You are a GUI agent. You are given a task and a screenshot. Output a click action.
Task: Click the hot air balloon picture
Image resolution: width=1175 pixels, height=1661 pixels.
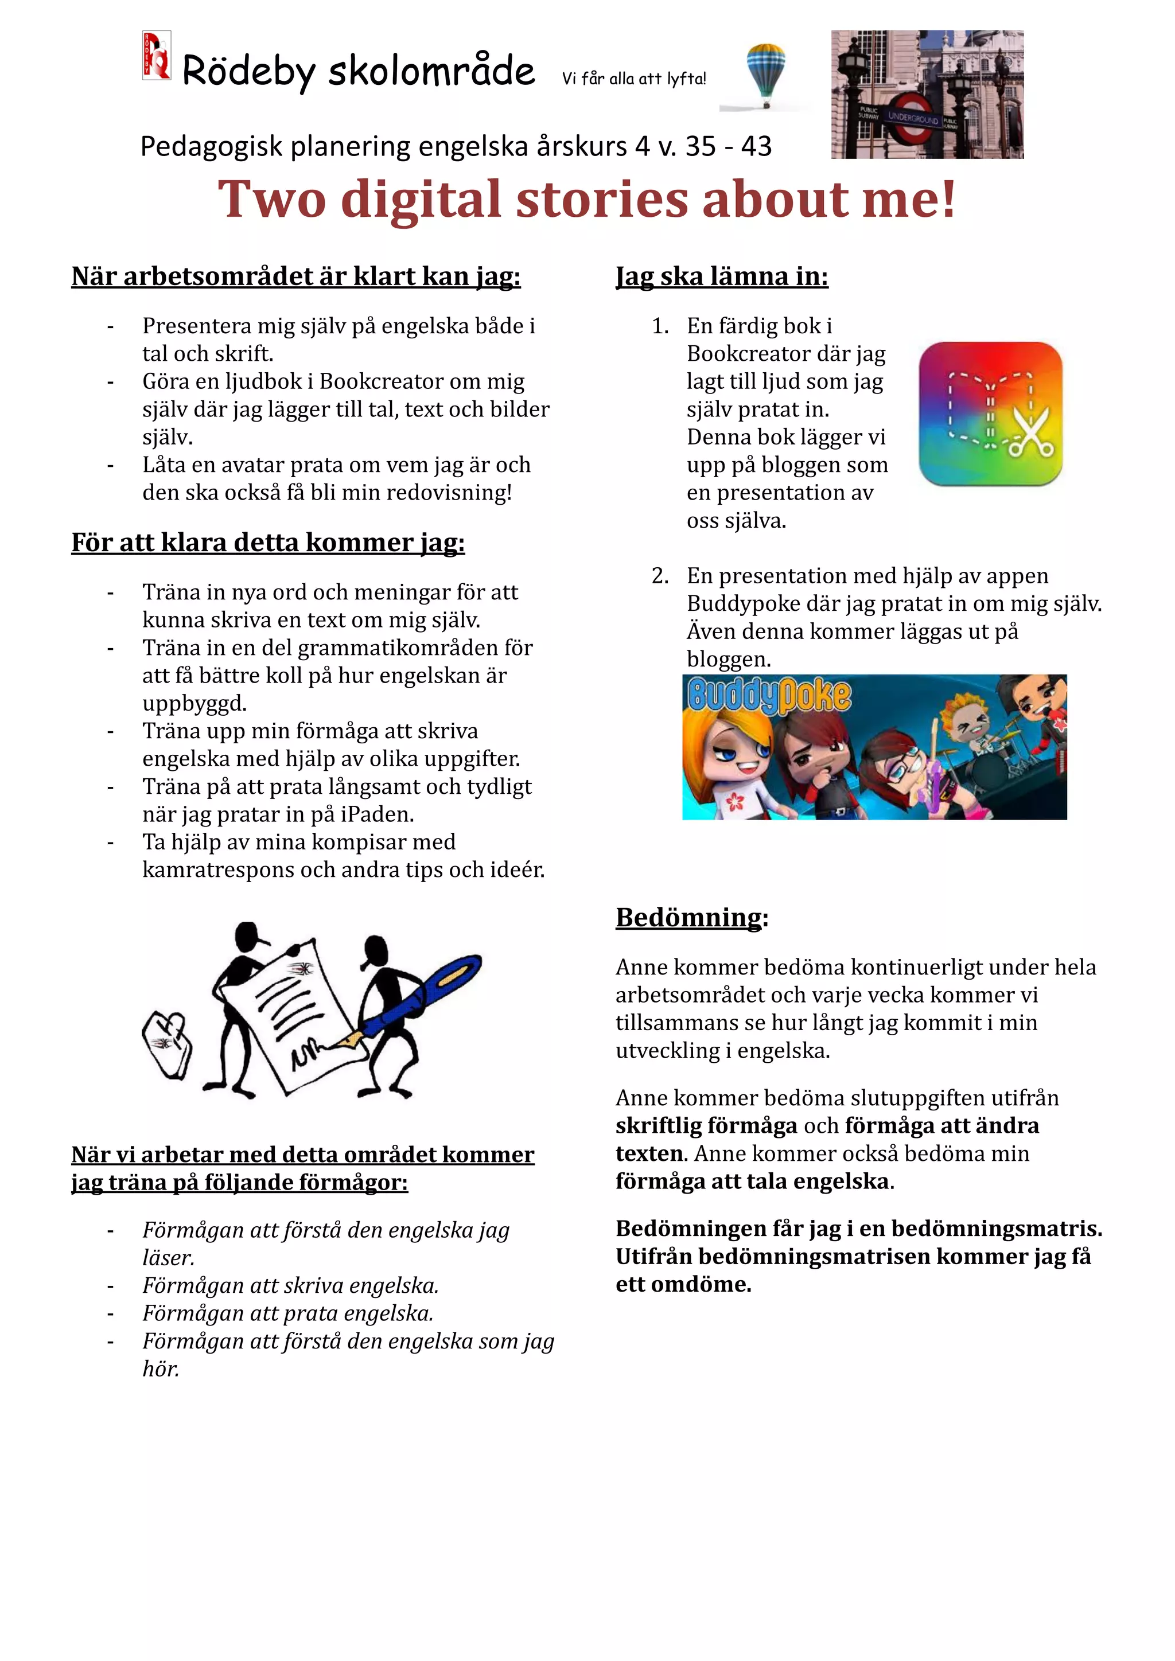click(x=765, y=72)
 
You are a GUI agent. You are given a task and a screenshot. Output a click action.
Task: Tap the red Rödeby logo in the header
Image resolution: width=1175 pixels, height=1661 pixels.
click(x=156, y=55)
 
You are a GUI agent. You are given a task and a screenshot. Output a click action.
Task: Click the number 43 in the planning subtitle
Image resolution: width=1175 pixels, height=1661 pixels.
click(x=756, y=147)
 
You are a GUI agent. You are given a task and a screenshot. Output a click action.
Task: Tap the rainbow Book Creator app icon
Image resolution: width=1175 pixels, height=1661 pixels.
click(x=990, y=414)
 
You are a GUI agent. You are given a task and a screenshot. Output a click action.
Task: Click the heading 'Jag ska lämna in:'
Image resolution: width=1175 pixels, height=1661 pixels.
click(x=721, y=276)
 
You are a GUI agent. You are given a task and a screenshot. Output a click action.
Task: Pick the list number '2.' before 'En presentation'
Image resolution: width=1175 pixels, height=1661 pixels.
click(x=660, y=576)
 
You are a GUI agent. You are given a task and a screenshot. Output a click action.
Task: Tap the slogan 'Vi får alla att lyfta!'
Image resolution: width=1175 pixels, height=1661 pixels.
click(x=634, y=79)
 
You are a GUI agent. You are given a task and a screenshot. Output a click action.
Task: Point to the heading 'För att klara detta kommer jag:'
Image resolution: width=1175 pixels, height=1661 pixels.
click(x=268, y=543)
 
